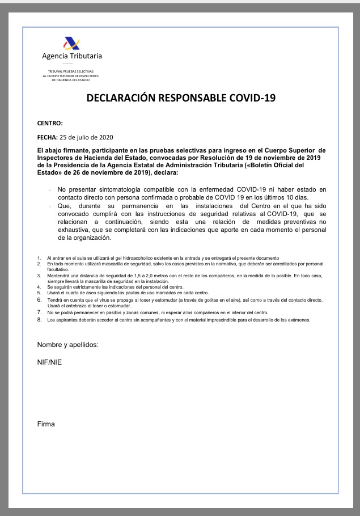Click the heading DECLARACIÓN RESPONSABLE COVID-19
(181, 98)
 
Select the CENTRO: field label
(50, 123)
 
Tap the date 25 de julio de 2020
(87, 137)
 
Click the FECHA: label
(48, 137)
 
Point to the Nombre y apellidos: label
(68, 345)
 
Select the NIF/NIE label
(50, 362)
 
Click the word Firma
(46, 424)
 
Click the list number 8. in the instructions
(40, 320)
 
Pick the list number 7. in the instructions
(40, 312)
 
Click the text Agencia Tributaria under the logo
(72, 56)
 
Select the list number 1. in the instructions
(40, 258)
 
